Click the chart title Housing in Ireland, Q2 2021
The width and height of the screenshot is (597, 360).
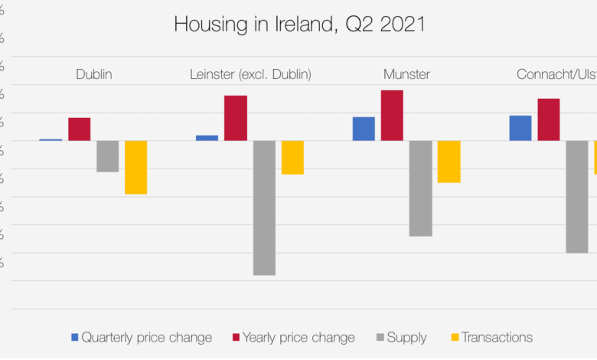pyautogui.click(x=298, y=24)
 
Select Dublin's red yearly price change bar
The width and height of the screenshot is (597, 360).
pyautogui.click(x=80, y=129)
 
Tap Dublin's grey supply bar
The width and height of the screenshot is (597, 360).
pyautogui.click(x=107, y=156)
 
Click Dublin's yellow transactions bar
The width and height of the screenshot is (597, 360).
pyautogui.click(x=135, y=167)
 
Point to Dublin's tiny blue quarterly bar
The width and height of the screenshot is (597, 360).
pyautogui.click(x=51, y=139)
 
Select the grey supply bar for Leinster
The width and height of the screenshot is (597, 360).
pyautogui.click(x=264, y=208)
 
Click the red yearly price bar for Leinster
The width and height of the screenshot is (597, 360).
pyautogui.click(x=236, y=118)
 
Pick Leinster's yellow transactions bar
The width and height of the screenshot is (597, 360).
pyautogui.click(x=292, y=157)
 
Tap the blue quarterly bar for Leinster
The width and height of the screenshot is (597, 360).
pyautogui.click(x=207, y=138)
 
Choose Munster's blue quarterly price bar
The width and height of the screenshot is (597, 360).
pyautogui.click(x=364, y=129)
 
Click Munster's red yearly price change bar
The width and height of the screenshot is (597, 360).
pyautogui.click(x=392, y=116)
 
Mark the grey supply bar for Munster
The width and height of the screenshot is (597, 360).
pyautogui.click(x=420, y=188)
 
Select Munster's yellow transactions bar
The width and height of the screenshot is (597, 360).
pyautogui.click(x=449, y=162)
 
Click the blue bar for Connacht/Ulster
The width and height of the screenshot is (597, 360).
pyautogui.click(x=520, y=128)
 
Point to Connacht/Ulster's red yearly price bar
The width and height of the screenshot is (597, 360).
pyautogui.click(x=549, y=119)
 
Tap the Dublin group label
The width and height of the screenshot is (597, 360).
pyautogui.click(x=93, y=74)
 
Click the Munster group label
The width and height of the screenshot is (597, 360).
pyautogui.click(x=406, y=74)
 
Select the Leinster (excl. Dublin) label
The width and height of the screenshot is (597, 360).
pyautogui.click(x=250, y=74)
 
